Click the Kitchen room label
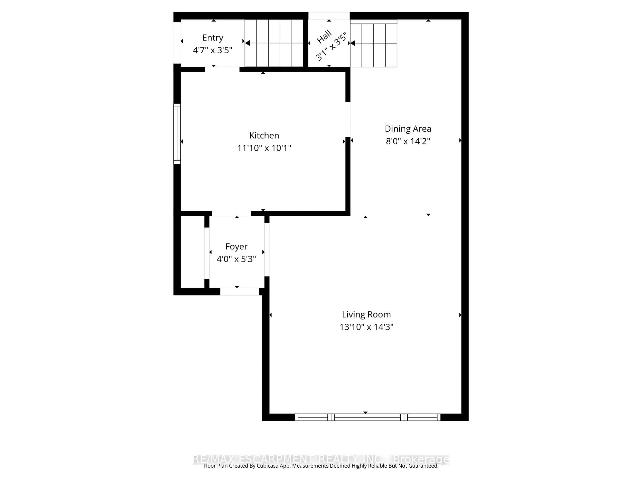[264, 135]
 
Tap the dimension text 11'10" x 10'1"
[264, 148]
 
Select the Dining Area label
[408, 129]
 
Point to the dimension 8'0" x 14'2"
[408, 141]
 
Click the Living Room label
[366, 314]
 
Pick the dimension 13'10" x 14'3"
[366, 327]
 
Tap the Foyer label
[236, 246]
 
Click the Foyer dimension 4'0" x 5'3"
[236, 259]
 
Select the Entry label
[213, 38]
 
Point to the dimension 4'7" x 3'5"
[213, 50]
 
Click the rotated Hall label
[324, 37]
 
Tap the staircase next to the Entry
[274, 43]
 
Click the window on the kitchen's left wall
[177, 134]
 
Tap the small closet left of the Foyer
[192, 252]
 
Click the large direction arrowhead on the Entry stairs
[248, 43]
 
